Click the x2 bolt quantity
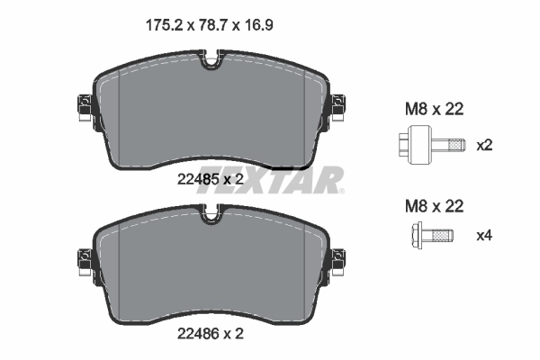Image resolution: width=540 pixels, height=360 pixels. coord(484,145)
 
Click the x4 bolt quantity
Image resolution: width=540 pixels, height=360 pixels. coord(484,237)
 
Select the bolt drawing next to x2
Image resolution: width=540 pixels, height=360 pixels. coord(430,144)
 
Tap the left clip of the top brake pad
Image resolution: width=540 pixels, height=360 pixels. coord(83,109)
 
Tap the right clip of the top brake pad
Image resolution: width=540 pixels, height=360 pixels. coord(338,109)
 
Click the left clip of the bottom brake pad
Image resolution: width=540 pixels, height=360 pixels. coord(83,262)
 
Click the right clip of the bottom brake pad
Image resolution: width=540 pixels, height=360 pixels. coord(338,262)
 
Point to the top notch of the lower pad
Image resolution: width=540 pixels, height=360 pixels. coord(211,216)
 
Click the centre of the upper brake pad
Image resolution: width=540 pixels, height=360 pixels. coord(211,112)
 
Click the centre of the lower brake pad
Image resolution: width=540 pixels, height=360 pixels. coord(211,265)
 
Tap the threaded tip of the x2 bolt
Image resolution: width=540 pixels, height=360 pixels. coord(456,144)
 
